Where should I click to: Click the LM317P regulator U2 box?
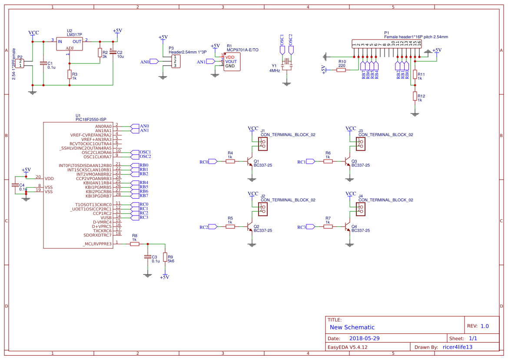pos(70,44)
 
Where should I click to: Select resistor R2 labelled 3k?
pos(100,53)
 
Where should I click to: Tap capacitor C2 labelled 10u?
pos(113,53)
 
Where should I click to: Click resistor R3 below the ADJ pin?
pos(69,75)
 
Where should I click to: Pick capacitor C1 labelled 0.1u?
pos(43,63)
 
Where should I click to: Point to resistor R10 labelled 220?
pos(342,70)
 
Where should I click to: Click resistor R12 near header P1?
pos(415,97)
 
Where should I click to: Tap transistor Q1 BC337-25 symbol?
pos(251,162)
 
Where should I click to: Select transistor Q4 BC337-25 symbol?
pos(349,227)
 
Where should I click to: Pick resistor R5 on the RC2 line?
pos(230,227)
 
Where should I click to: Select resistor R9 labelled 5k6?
pos(165,257)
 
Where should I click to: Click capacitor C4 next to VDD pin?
pos(16,185)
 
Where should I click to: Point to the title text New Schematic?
pos(352,327)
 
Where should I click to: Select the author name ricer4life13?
pos(457,347)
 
